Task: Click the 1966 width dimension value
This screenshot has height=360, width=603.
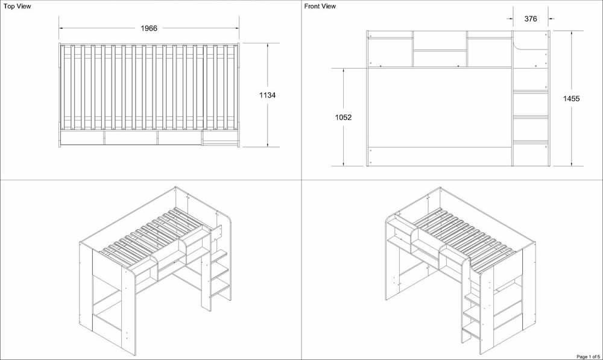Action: (x=149, y=28)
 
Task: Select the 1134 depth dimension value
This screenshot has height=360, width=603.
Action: (x=267, y=95)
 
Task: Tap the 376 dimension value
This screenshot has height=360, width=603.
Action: (x=531, y=19)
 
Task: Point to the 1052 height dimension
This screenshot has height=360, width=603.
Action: (x=343, y=118)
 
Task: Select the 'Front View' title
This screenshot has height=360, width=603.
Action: (x=320, y=6)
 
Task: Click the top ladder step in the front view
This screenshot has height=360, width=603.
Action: (x=530, y=92)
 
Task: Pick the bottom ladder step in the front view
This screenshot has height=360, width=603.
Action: (x=530, y=142)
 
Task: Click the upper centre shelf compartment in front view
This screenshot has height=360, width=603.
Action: (x=440, y=40)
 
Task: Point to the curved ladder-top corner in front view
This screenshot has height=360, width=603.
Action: (x=517, y=43)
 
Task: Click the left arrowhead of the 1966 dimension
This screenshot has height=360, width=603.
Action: (x=61, y=28)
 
